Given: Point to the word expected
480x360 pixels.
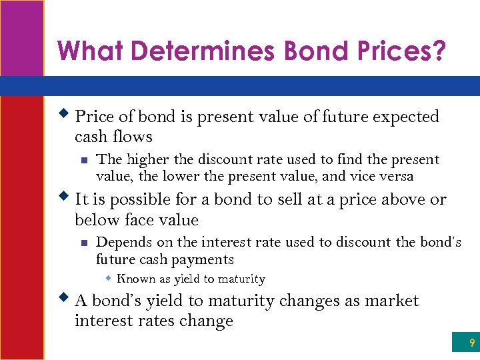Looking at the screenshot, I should pos(405,117).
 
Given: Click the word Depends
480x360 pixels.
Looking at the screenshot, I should pos(121,243).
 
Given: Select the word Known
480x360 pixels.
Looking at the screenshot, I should pos(135,279).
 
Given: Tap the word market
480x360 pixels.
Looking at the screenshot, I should pos(391,301).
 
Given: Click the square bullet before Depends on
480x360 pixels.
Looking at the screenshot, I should pos(84,243).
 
